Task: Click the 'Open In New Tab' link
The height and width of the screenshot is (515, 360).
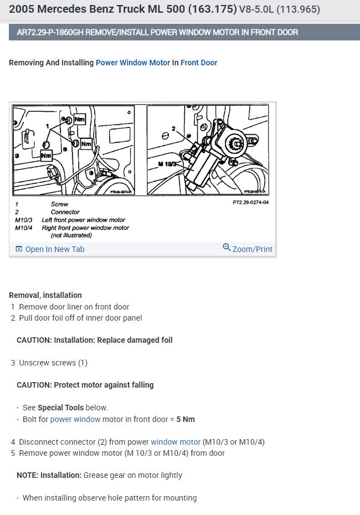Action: pyautogui.click(x=54, y=249)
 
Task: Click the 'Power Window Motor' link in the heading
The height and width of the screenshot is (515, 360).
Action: pyautogui.click(x=133, y=63)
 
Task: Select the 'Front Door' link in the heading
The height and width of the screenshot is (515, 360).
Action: pyautogui.click(x=199, y=63)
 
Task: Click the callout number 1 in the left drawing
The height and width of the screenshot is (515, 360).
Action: pyautogui.click(x=48, y=126)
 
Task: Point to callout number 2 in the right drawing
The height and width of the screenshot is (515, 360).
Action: pyautogui.click(x=173, y=128)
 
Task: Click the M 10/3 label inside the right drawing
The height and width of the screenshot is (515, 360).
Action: pyautogui.click(x=168, y=164)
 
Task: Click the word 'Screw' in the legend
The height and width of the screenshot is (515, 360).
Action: pyautogui.click(x=59, y=204)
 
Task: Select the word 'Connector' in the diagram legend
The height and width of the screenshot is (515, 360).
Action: pyautogui.click(x=65, y=212)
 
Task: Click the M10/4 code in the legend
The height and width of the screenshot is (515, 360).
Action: pyautogui.click(x=24, y=228)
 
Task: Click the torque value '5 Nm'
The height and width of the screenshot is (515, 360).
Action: pyautogui.click(x=186, y=419)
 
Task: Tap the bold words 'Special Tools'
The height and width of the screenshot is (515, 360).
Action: pyautogui.click(x=61, y=408)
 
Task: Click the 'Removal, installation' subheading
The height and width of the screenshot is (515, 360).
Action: pyautogui.click(x=45, y=295)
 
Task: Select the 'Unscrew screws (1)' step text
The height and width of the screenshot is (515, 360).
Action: pyautogui.click(x=53, y=363)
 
